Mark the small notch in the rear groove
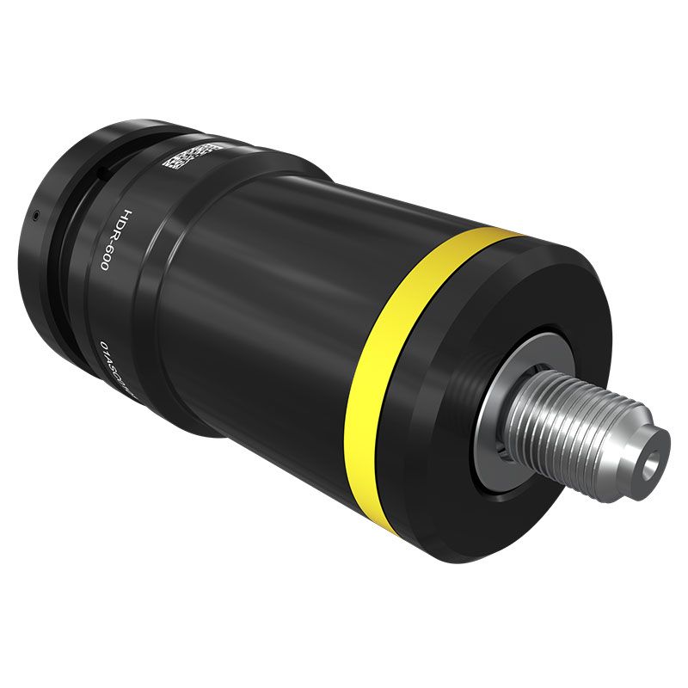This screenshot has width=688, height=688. point(101,175)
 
